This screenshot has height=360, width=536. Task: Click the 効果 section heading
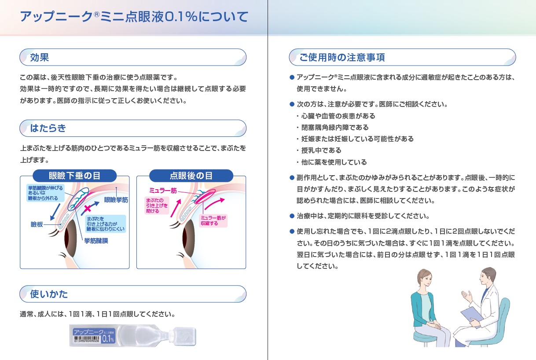click(40, 58)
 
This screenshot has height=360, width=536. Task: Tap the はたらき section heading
click(48, 129)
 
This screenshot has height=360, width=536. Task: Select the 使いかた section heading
click(49, 294)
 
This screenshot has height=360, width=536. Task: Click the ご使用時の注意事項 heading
click(342, 58)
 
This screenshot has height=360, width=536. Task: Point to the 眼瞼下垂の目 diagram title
click(75, 176)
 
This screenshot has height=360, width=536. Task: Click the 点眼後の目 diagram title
click(191, 176)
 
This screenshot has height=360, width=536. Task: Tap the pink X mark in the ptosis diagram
click(88, 208)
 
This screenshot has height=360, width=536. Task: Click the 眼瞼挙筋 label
click(116, 200)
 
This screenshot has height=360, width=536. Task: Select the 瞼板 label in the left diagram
click(37, 224)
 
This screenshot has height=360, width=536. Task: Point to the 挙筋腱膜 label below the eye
click(96, 241)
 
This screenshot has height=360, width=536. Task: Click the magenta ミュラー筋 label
click(163, 191)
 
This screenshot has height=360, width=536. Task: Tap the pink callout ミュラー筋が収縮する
click(213, 220)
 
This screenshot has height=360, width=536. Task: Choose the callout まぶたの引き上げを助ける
click(157, 206)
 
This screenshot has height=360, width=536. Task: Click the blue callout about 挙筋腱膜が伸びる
click(45, 193)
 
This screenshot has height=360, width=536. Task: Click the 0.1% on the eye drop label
click(108, 339)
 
